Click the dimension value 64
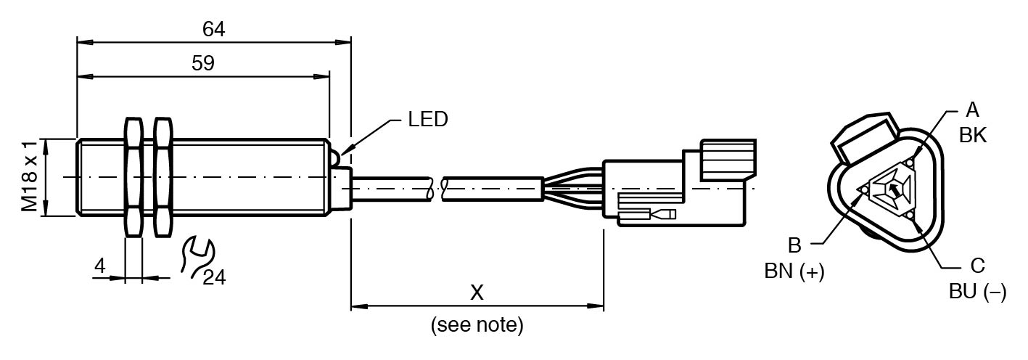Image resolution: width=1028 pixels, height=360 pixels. click(213, 29)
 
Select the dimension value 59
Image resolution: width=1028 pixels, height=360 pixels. click(203, 63)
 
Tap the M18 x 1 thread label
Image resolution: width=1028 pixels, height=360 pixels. click(30, 177)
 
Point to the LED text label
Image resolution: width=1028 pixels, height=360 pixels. click(428, 119)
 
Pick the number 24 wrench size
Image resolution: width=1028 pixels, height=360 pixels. click(214, 278)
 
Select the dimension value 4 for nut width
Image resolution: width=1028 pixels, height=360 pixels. click(100, 266)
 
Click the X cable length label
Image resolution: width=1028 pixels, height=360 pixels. click(477, 292)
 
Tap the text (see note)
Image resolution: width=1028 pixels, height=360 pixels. click(477, 324)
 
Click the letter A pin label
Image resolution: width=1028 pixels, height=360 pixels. click(972, 110)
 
